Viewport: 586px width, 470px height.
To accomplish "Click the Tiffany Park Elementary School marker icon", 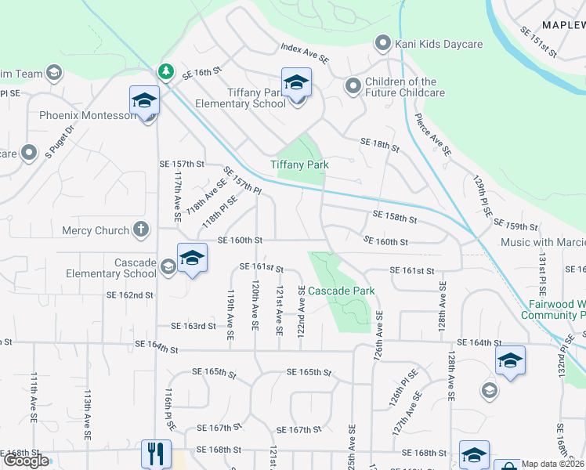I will pos(296,82).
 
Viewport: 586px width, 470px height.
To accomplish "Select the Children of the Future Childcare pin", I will pos(353,86).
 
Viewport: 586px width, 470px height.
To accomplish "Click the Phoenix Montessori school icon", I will pos(145,100).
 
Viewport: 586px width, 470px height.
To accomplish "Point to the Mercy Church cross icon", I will pos(141,230).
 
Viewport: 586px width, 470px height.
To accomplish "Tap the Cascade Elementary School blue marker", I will pos(192,258).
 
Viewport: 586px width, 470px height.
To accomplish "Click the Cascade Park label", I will pos(341,291).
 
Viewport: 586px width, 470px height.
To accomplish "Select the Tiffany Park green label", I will pos(299,164).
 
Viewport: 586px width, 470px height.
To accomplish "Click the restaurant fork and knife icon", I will pos(155,452).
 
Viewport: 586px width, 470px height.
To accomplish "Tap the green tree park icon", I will pos(166,72).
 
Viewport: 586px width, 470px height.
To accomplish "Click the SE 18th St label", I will pos(379,144).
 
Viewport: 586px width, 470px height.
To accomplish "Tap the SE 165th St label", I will pos(309,372).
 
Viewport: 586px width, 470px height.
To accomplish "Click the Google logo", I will pos(26,461).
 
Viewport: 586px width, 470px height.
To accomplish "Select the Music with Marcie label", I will pos(542,243).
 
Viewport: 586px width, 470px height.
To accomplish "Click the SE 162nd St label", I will pos(130,295).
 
